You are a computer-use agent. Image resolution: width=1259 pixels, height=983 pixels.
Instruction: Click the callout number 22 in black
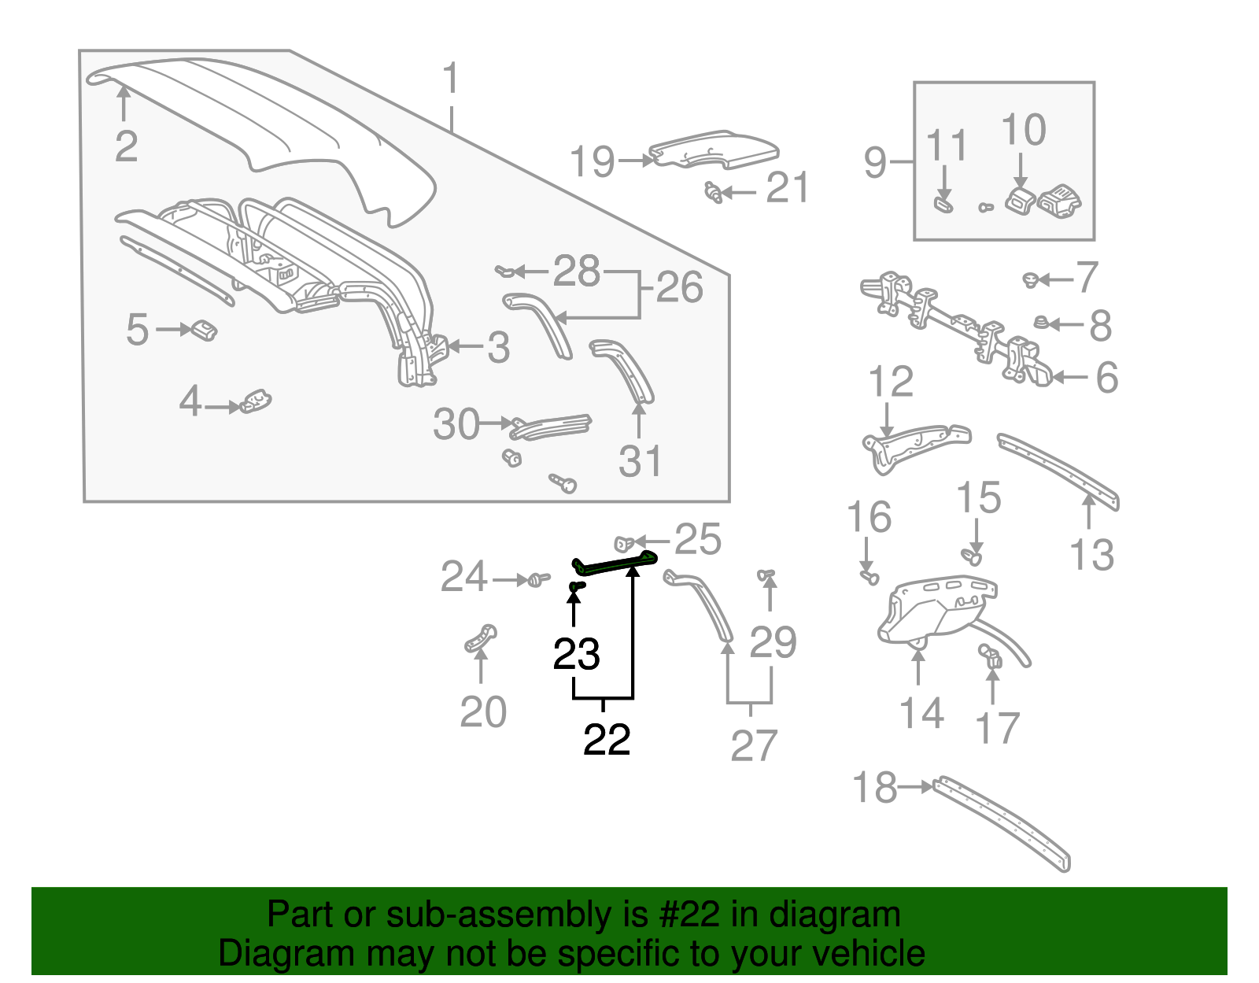607,740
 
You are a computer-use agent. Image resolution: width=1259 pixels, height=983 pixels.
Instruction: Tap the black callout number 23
577,654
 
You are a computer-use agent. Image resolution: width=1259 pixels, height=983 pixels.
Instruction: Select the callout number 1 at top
450,80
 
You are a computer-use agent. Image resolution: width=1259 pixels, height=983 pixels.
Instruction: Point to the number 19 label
592,161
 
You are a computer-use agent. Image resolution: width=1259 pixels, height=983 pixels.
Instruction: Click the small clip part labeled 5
203,330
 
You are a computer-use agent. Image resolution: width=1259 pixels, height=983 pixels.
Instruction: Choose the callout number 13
1091,555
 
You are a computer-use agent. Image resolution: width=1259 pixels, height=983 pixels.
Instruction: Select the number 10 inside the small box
1023,130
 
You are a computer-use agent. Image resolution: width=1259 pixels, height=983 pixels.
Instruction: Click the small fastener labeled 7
1031,279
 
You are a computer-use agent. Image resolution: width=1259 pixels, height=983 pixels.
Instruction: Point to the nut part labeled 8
1040,323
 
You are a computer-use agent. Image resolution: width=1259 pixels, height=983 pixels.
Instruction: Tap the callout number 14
921,713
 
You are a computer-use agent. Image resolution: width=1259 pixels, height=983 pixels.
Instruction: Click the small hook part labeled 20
480,637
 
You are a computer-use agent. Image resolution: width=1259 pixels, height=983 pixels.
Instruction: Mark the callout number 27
753,745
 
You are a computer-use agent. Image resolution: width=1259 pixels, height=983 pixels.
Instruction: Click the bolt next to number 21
714,191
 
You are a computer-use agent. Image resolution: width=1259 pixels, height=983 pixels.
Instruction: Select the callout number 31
639,461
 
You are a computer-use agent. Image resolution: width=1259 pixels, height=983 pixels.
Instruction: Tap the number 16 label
869,518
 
